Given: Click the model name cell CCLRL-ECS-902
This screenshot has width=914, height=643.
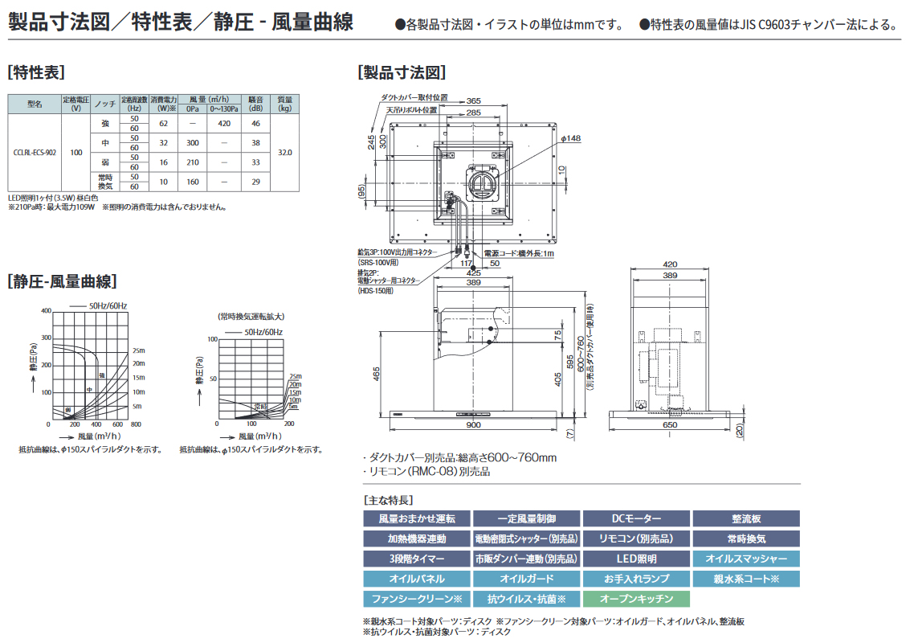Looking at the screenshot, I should [x=35, y=152].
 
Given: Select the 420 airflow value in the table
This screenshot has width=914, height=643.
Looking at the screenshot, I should [x=224, y=124].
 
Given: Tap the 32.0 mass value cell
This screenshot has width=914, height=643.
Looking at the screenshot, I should [x=284, y=152].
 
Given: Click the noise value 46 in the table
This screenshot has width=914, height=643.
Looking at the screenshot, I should [x=255, y=124].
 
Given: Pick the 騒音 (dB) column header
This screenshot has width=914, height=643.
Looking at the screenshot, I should [x=255, y=104].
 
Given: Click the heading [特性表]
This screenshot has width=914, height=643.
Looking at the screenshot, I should [x=36, y=72].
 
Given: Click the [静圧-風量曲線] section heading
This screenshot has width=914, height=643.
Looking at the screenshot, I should [x=62, y=281].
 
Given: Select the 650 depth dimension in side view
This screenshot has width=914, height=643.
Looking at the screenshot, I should [x=669, y=424].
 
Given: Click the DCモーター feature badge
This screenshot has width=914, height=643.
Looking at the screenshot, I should [x=636, y=519].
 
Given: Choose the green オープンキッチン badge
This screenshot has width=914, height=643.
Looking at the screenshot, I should [x=636, y=599].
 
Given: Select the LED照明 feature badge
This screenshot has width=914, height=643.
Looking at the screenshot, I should [x=636, y=559].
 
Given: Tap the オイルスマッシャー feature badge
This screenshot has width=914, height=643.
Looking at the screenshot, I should [x=746, y=559].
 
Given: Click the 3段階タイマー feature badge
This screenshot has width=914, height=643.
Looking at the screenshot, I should [x=416, y=559].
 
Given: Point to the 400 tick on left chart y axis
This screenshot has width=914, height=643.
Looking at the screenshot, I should [x=46, y=311].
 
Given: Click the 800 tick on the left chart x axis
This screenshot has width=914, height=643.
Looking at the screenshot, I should [x=135, y=424].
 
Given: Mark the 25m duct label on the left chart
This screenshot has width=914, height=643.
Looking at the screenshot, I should [x=138, y=350].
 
